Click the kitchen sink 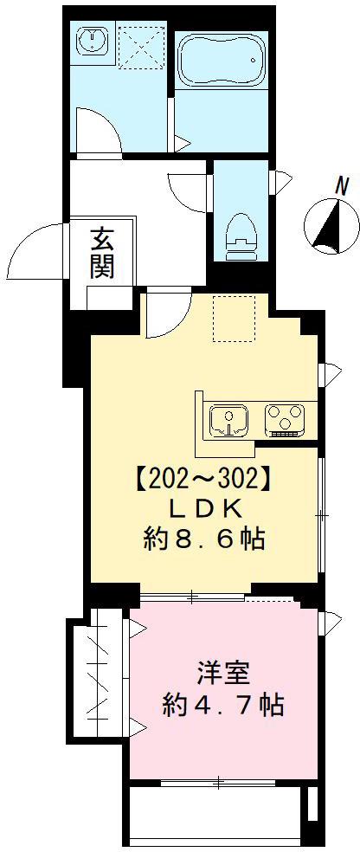click(x=228, y=419)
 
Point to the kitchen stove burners click(x=284, y=419)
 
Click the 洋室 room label click(x=222, y=673)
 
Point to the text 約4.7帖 click(x=222, y=705)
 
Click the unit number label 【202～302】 click(x=203, y=476)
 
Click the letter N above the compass click(x=344, y=184)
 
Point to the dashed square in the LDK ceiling click(x=233, y=318)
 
